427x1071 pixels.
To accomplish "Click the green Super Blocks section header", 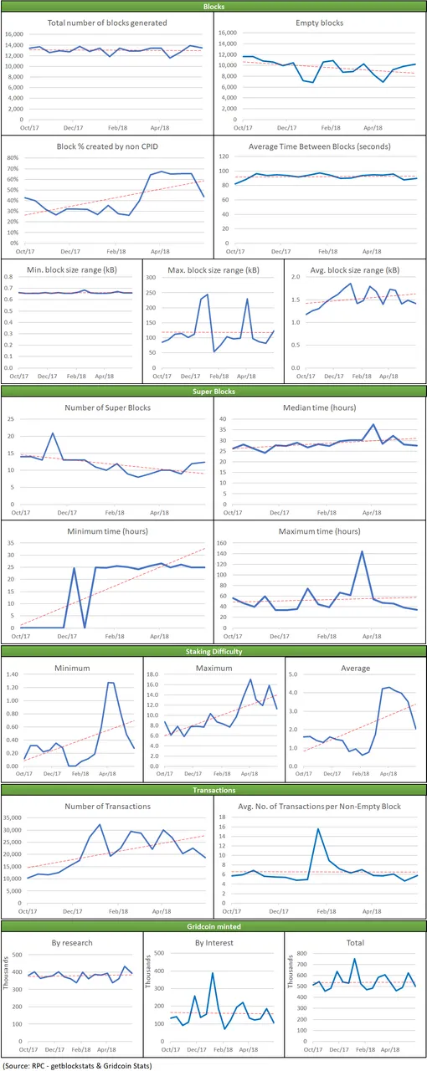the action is coord(213,391).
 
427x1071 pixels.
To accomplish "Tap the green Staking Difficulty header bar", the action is coord(213,651).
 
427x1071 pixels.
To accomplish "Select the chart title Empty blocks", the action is coord(319,23).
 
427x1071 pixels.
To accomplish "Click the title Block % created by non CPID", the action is coord(107,146).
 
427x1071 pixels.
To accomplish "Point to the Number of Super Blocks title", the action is coord(108,407).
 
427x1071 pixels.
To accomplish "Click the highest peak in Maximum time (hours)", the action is coord(362,551).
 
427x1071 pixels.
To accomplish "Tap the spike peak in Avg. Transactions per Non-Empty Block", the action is coord(318,829).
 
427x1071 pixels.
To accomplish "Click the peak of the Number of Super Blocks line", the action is coord(53,433).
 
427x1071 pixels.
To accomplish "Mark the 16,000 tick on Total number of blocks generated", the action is coord(14,34).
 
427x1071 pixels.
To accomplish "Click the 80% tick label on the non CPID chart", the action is coord(13,158).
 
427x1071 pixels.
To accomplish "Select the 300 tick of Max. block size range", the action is coord(151,277).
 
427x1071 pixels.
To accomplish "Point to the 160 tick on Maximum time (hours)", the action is coord(222,543).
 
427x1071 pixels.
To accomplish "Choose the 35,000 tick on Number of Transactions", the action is coord(13,817).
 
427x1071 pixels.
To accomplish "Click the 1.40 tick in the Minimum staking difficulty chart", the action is coord(12,674).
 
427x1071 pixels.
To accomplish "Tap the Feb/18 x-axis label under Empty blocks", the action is coord(331,128).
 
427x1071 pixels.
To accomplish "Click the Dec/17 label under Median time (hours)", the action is coord(280,513).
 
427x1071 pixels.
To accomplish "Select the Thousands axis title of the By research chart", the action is coord(6,973).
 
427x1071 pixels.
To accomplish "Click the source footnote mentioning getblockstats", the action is coord(78,1066).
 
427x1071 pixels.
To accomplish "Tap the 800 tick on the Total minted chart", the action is coord(301,953).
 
